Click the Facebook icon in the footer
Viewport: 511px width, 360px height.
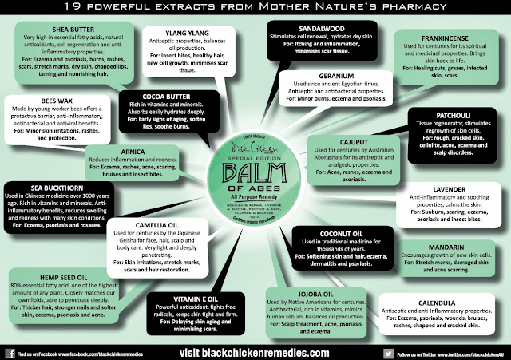click(8, 351)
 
